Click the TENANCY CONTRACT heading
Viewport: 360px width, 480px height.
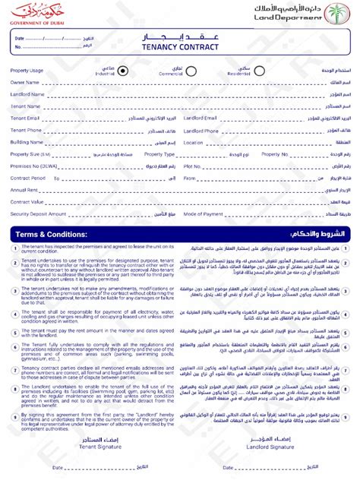click(179, 47)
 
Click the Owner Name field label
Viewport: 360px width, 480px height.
click(24, 83)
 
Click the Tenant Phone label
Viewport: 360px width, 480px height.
click(26, 130)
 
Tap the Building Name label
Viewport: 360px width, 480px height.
click(27, 142)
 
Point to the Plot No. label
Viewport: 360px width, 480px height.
click(192, 166)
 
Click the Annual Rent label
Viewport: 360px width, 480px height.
click(24, 190)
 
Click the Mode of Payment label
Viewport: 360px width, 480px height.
click(203, 214)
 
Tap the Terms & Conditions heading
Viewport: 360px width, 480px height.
click(49, 234)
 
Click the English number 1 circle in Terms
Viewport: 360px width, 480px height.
click(15, 248)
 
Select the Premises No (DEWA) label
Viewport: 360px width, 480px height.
click(31, 166)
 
